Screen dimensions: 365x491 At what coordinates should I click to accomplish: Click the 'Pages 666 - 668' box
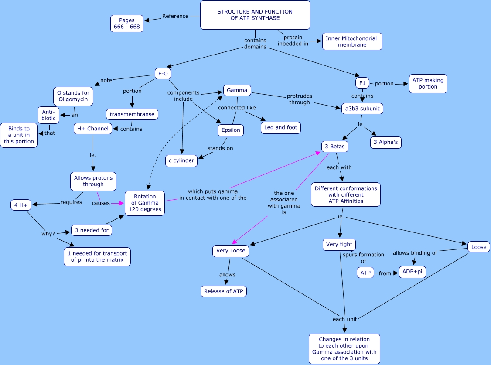point(127,24)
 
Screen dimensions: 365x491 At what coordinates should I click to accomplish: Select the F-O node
point(163,74)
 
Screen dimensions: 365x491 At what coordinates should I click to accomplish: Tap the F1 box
point(362,83)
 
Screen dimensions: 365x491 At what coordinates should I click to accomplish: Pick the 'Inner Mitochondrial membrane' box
point(352,41)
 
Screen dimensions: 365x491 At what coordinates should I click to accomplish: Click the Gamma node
point(237,91)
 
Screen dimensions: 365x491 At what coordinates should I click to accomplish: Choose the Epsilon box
point(231,130)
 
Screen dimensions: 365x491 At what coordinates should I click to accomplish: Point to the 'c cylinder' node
point(181,160)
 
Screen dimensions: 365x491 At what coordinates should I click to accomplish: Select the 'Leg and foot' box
point(280,127)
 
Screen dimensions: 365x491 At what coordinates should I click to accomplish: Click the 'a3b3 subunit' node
point(362,109)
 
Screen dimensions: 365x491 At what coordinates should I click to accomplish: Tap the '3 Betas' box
point(334,147)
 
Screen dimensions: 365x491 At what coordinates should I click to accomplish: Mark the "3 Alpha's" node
point(385,142)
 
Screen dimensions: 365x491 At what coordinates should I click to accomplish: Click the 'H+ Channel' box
point(93,129)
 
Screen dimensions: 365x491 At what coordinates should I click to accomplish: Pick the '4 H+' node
point(21,205)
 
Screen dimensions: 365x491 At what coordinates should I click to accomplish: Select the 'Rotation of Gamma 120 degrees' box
point(145,203)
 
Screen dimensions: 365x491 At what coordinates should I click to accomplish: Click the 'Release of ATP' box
point(224,291)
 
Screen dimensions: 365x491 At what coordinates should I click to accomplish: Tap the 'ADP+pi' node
point(412,272)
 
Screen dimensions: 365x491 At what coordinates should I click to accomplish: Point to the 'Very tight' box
point(339,244)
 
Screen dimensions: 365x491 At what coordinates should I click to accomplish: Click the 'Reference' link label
point(175,17)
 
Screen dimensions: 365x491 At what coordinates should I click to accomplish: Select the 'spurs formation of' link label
point(363,258)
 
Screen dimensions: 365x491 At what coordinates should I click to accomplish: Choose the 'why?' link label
point(48,234)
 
